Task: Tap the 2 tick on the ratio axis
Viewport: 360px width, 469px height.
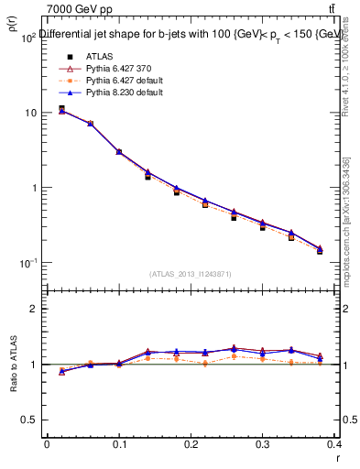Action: point(36,309)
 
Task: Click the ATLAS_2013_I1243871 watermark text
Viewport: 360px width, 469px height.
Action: point(191,274)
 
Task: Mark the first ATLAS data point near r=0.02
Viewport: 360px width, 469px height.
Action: point(61,109)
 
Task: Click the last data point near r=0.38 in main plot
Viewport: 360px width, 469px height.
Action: point(320,249)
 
